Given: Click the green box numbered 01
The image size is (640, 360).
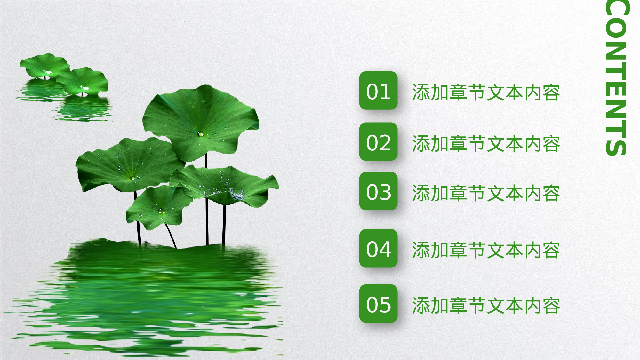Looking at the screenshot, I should (378, 91).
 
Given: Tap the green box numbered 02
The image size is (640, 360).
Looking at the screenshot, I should (378, 141).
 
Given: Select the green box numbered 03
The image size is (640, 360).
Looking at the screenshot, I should (378, 191).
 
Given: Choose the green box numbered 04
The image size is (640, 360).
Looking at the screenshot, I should (378, 248).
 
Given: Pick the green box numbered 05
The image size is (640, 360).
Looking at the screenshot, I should (378, 303).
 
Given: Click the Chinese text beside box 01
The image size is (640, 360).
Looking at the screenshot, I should (486, 93).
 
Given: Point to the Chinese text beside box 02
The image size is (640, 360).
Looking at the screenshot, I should (486, 144).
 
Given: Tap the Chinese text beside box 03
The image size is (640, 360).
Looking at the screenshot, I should (486, 193).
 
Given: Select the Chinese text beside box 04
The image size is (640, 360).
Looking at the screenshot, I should (486, 250).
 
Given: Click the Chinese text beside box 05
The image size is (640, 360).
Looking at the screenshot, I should (486, 306).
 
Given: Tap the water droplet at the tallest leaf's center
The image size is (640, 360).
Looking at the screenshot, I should (200, 134).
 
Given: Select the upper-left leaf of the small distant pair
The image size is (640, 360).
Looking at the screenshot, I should (45, 66).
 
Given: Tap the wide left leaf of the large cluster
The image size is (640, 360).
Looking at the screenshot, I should (128, 165).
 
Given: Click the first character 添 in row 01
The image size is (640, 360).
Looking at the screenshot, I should (421, 93).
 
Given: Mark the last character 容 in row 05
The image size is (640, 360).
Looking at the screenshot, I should (551, 306).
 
